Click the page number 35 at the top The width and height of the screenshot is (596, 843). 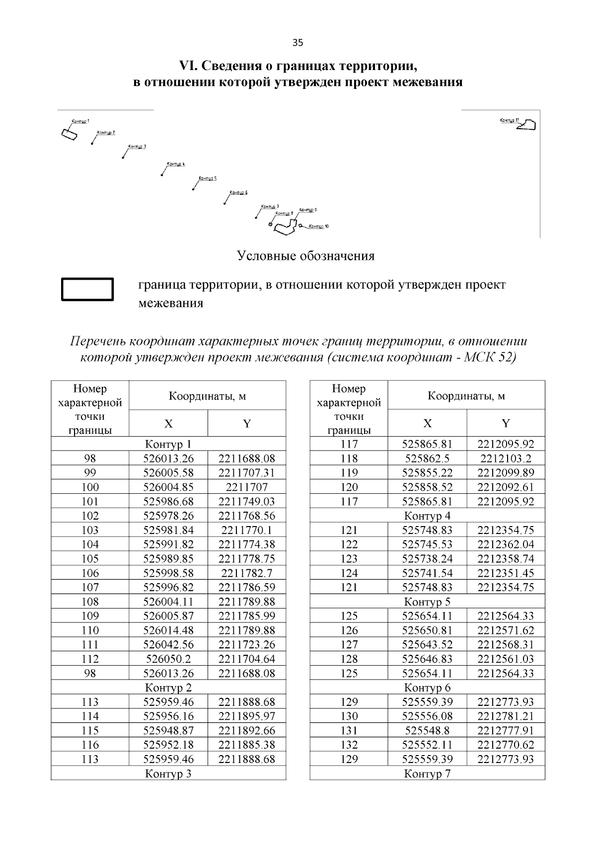tap(298, 42)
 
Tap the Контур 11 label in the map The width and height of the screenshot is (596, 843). tap(509, 120)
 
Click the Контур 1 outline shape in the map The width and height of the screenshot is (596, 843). tap(69, 134)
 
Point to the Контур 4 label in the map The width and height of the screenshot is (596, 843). tap(176, 164)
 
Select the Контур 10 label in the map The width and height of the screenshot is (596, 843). tap(318, 227)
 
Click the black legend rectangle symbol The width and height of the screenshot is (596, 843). tap(87, 289)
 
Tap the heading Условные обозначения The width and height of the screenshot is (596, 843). tap(305, 256)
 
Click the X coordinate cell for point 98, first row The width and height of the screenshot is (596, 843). tap(168, 458)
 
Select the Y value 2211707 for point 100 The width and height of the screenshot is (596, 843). tap(246, 487)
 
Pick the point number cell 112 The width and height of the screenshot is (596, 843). tap(90, 659)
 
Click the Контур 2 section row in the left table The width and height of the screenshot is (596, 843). tap(168, 688)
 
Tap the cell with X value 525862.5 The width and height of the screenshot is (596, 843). tap(427, 458)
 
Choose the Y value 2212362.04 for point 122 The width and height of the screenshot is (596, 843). tap(506, 544)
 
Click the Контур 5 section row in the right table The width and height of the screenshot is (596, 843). tap(427, 602)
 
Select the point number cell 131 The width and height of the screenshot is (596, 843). tap(349, 730)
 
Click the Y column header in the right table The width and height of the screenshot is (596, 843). tap(506, 423)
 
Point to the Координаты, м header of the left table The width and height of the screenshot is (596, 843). tap(207, 396)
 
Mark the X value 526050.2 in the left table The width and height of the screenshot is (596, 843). tap(168, 659)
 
